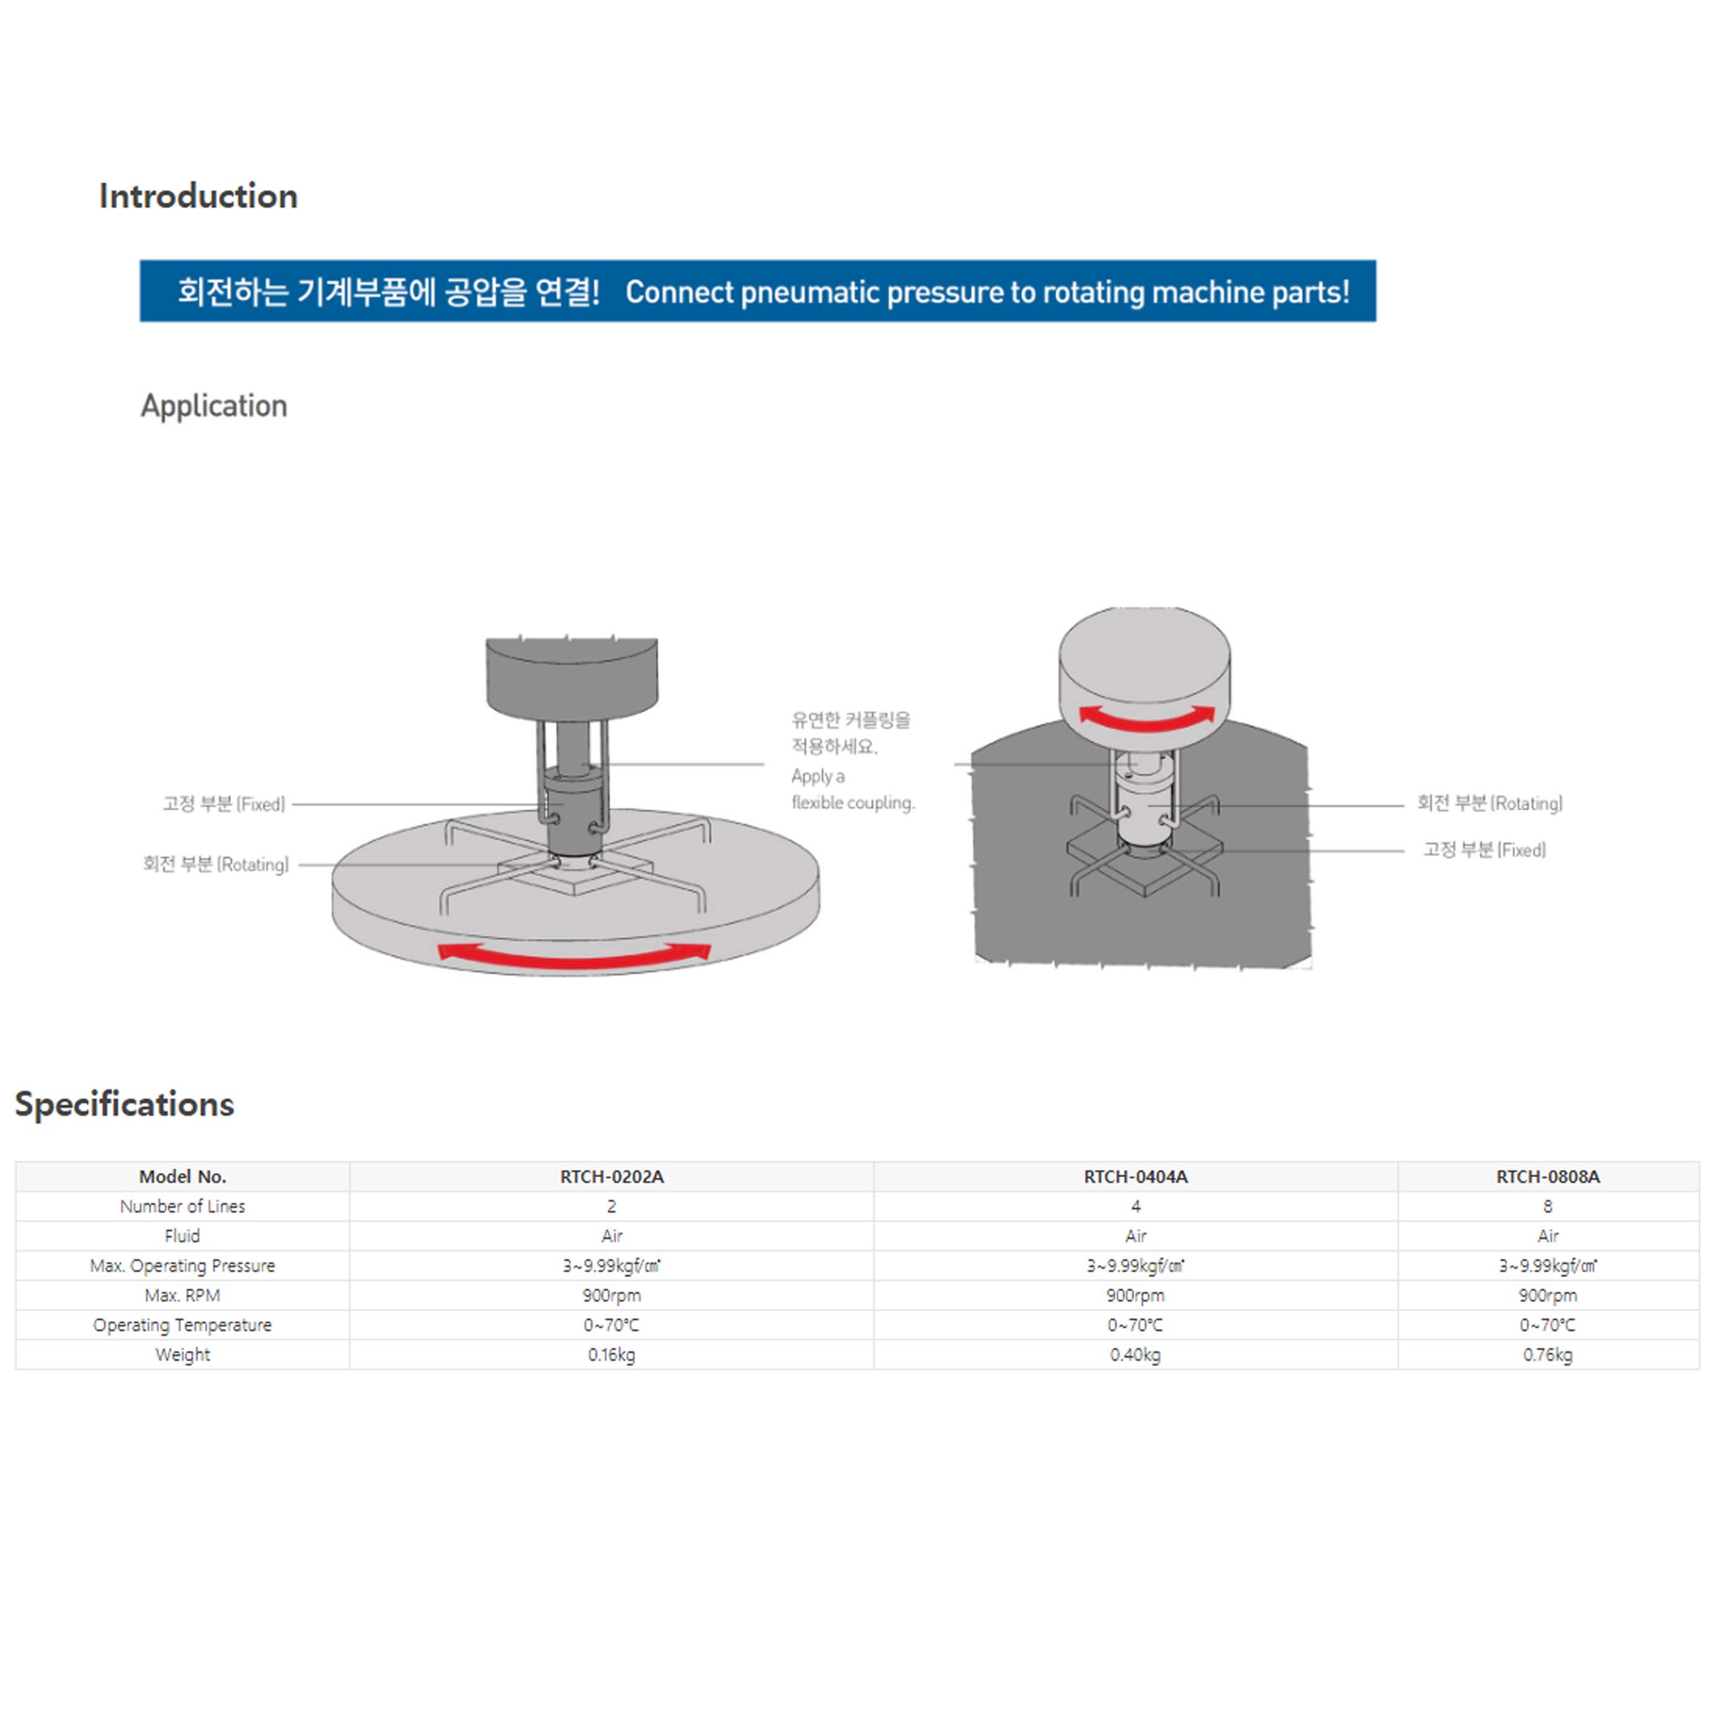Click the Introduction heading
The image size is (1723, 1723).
pyautogui.click(x=198, y=196)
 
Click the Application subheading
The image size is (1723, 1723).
pyautogui.click(x=214, y=406)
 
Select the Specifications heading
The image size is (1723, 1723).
pyautogui.click(x=125, y=1104)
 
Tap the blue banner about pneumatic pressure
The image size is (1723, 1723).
pyautogui.click(x=757, y=290)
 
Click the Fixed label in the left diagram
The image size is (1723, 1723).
pyautogui.click(x=224, y=804)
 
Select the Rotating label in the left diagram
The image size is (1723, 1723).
pyautogui.click(x=216, y=864)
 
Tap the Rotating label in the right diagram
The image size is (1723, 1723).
pyautogui.click(x=1490, y=804)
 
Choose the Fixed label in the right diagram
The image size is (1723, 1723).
pyautogui.click(x=1484, y=850)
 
